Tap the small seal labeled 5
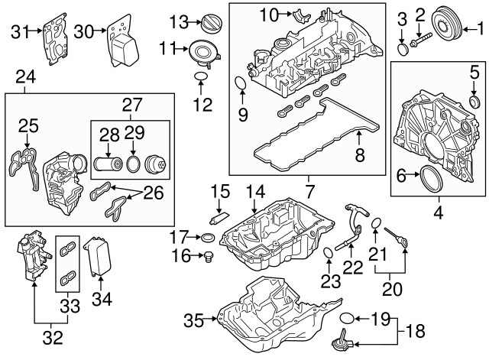pyautogui.click(x=473, y=102)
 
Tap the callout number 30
pyautogui.click(x=84, y=31)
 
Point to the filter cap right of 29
pyautogui.click(x=157, y=164)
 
